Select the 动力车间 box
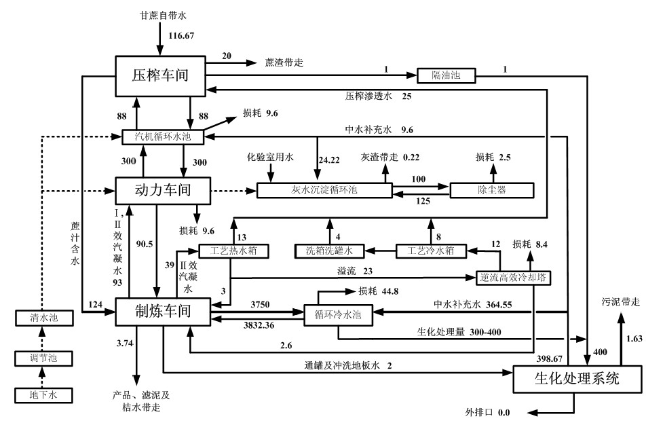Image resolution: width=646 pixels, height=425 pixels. tap(156, 189)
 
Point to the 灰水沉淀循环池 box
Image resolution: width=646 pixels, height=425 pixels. tap(324, 190)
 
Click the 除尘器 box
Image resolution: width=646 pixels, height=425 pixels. tap(491, 190)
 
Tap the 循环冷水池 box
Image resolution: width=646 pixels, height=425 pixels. tap(337, 315)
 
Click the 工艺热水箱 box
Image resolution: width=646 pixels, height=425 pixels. tap(231, 251)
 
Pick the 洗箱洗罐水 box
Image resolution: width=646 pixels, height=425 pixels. tap(329, 251)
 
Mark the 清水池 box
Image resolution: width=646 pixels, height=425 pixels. tap(42, 316)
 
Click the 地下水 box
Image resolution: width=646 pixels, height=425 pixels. tap(42, 393)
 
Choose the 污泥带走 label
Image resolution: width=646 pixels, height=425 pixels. tap(620, 300)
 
